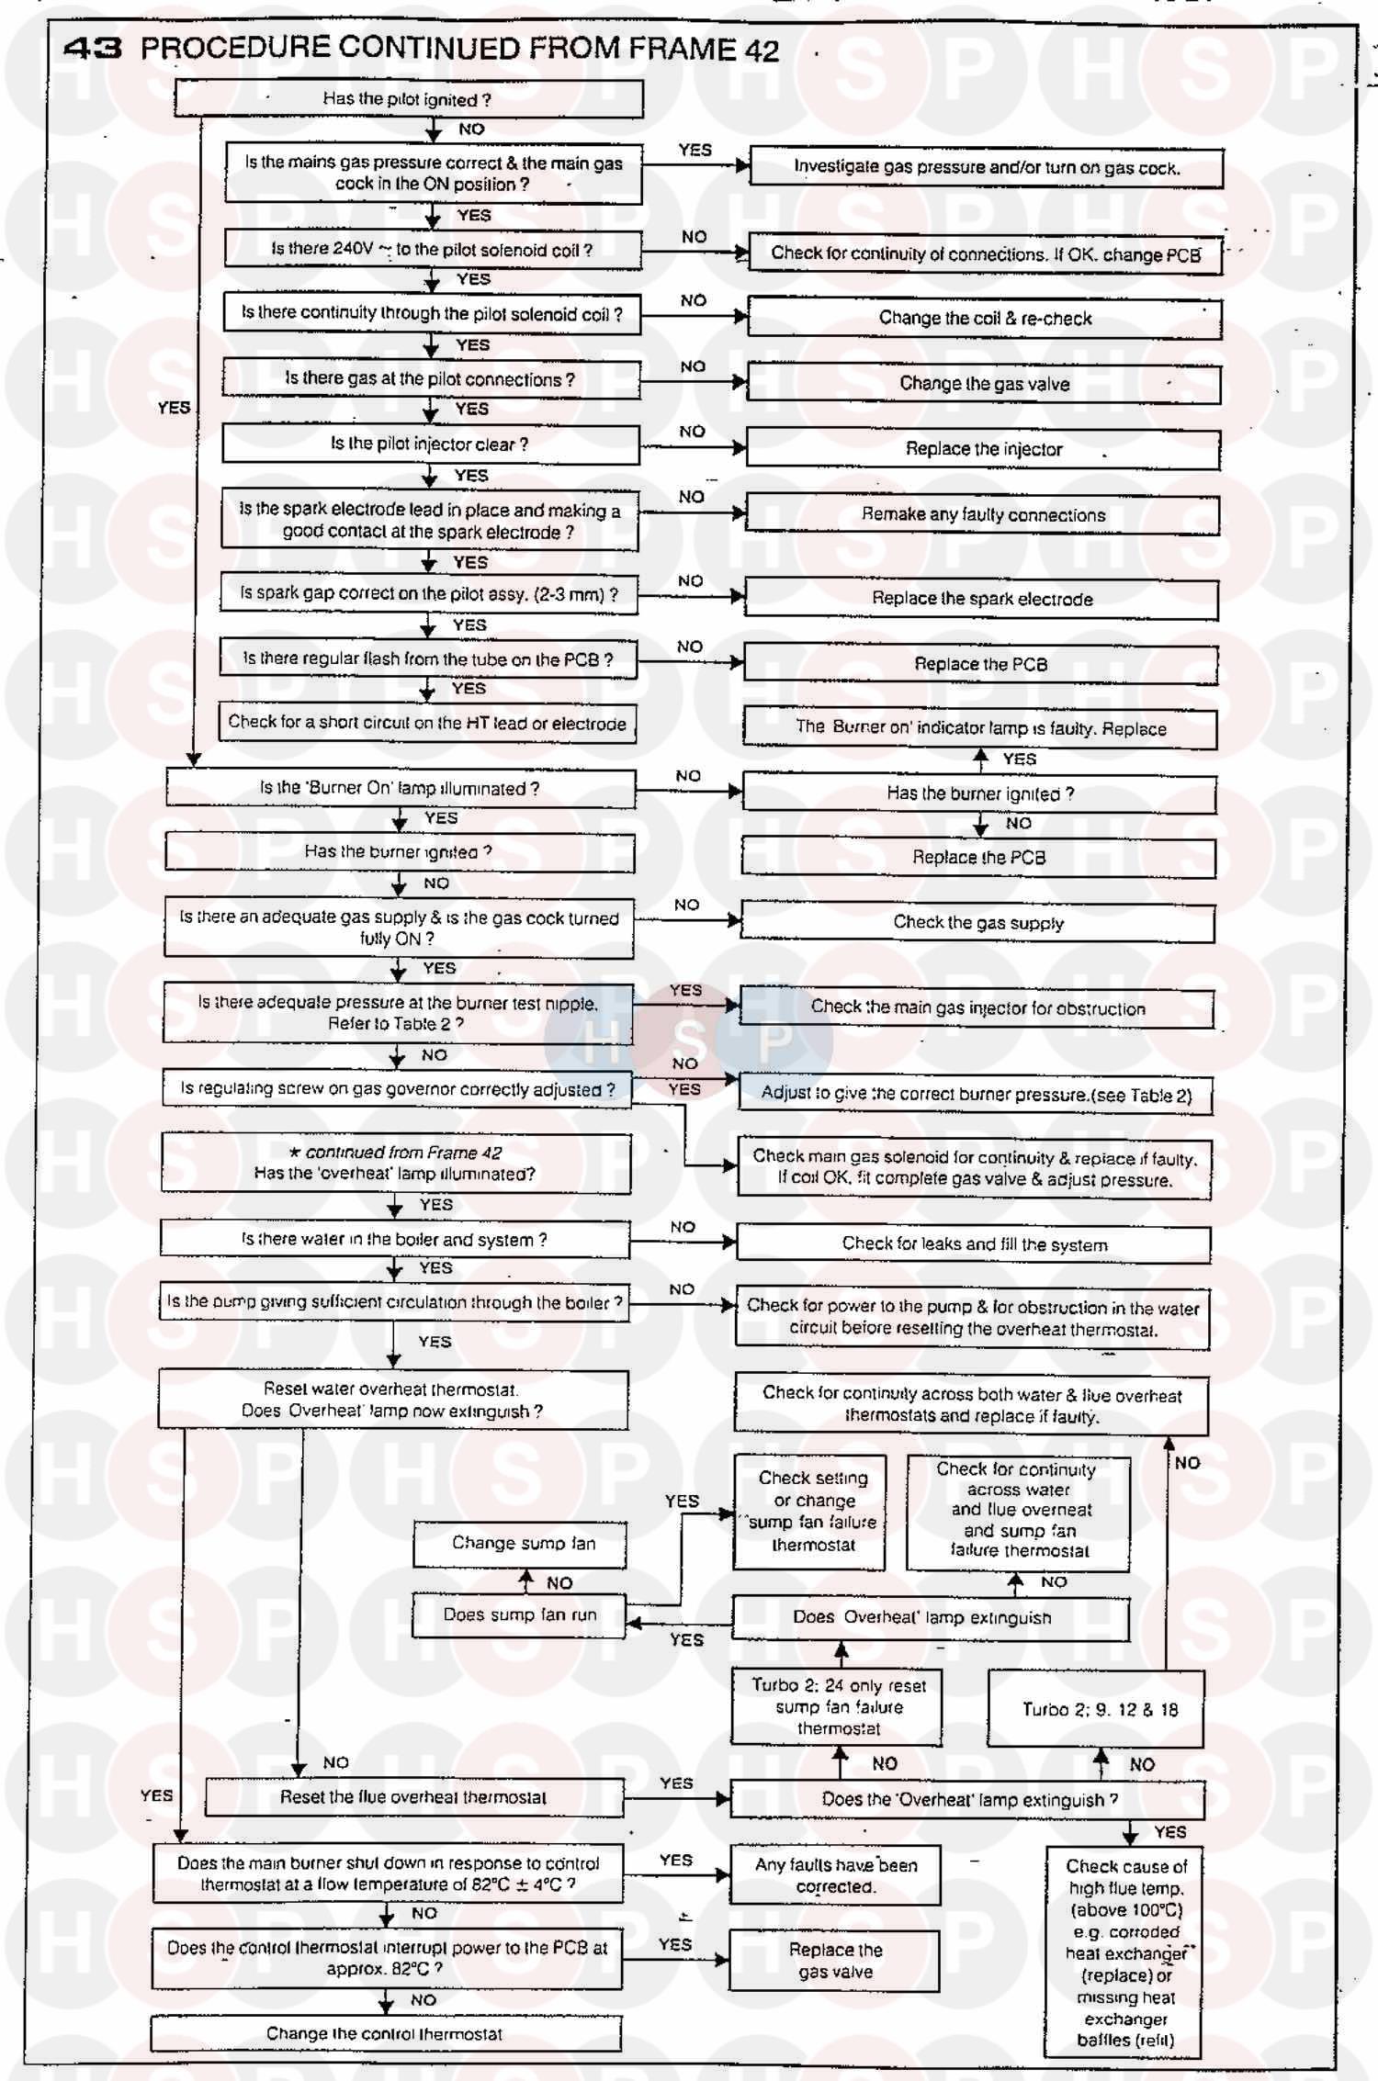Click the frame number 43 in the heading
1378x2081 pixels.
tap(92, 48)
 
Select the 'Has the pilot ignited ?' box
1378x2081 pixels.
tap(408, 99)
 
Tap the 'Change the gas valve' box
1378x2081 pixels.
tap(984, 384)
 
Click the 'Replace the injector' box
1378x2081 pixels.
tap(983, 449)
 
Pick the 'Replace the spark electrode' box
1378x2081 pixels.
tap(981, 599)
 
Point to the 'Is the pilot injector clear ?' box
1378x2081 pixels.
tap(430, 444)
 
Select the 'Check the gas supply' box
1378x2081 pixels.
tap(977, 923)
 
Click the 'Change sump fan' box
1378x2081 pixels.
tap(521, 1544)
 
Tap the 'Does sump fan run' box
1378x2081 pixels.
tap(519, 1615)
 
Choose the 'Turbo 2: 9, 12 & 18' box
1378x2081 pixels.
tap(1096, 1709)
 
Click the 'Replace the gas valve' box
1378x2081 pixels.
tap(835, 1961)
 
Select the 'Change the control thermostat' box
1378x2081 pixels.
tap(385, 2034)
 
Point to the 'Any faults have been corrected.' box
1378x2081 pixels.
tap(835, 1875)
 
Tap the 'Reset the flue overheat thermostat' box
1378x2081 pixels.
tap(413, 1797)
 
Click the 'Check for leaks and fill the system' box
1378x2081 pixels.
tap(974, 1244)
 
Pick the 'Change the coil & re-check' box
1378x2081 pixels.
tap(985, 319)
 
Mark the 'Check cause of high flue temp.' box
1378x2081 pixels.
tap(1124, 1952)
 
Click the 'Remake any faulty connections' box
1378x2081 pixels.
tap(982, 515)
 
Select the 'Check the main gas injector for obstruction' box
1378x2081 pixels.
tap(977, 1008)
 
